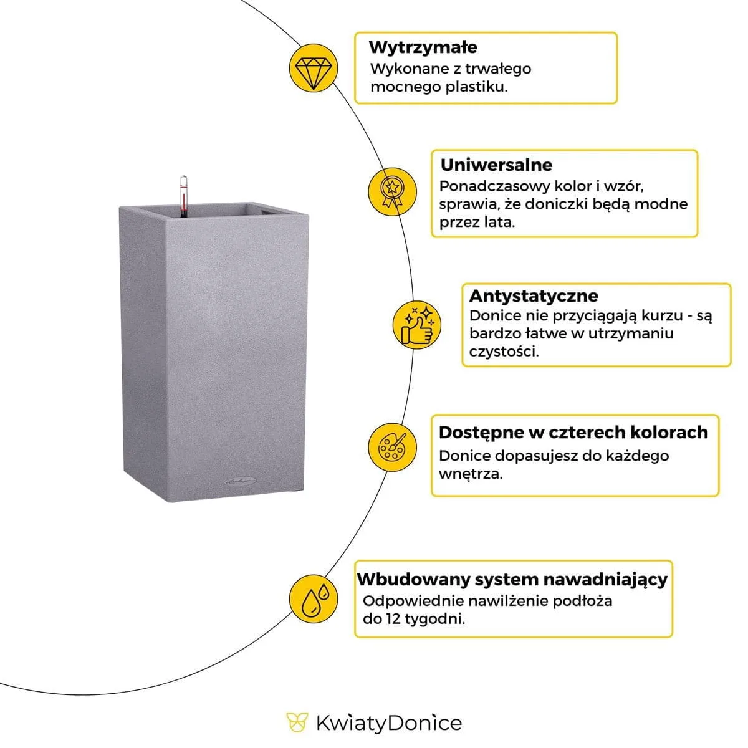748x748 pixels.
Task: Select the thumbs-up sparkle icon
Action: [x=416, y=324]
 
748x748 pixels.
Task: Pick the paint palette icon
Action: [x=393, y=447]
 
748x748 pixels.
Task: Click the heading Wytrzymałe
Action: [x=423, y=47]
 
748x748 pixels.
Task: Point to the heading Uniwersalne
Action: [x=496, y=165]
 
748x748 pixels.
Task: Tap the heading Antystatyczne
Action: [x=533, y=295]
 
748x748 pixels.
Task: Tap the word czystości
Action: [x=504, y=352]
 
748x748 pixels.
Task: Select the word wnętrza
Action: [x=470, y=474]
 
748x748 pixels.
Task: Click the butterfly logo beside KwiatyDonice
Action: [x=297, y=722]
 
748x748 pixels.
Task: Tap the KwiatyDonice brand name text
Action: [x=388, y=723]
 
